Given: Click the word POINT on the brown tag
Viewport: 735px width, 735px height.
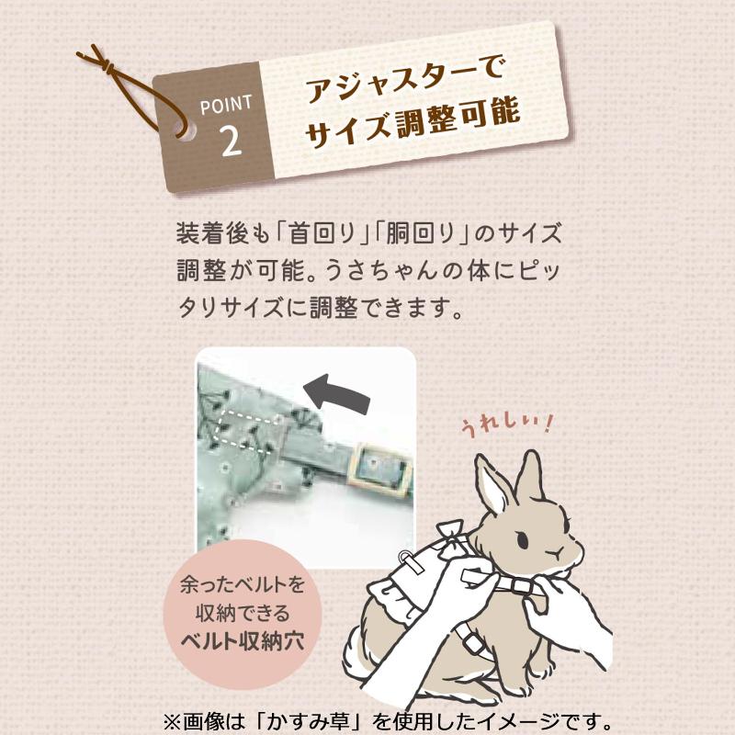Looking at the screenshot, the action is point(226,105).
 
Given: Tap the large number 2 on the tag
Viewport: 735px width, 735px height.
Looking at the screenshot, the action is point(232,141).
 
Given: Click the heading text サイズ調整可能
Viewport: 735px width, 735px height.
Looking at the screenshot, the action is point(413,121).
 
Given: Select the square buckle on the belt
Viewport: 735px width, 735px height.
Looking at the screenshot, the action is point(381,467).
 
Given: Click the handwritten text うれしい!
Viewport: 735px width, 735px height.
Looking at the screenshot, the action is point(508,425).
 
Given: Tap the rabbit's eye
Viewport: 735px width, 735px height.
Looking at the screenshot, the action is point(522,539).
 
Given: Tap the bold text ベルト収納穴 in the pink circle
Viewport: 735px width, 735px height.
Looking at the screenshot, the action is point(243,640).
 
